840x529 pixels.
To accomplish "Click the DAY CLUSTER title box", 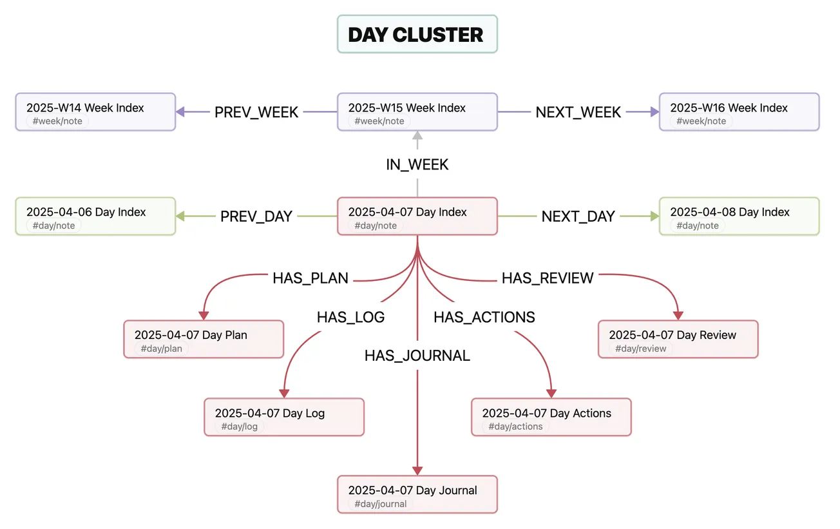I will point(417,34).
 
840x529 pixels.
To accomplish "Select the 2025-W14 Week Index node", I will point(95,112).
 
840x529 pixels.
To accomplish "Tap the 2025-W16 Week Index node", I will point(739,112).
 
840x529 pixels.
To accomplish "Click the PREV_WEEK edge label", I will point(256,112).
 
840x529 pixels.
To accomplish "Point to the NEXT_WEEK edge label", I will point(578,112).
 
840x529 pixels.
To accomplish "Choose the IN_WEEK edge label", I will point(417,164).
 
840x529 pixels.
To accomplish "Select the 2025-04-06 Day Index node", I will point(95,216).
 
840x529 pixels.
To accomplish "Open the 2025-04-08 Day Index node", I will point(739,216).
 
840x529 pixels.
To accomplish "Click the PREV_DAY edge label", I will point(256,216).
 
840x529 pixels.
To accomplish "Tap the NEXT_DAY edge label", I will point(578,216).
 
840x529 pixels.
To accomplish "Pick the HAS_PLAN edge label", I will point(310,278).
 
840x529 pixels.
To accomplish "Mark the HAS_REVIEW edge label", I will point(548,278).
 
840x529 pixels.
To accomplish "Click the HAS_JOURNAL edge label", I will point(417,356).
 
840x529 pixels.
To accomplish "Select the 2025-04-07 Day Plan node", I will point(204,340).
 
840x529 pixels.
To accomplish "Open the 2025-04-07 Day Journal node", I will point(417,495).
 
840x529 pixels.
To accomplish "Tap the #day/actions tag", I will point(515,427).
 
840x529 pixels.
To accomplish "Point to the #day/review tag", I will point(641,349).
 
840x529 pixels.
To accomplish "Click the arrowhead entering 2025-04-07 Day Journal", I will point(417,470).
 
